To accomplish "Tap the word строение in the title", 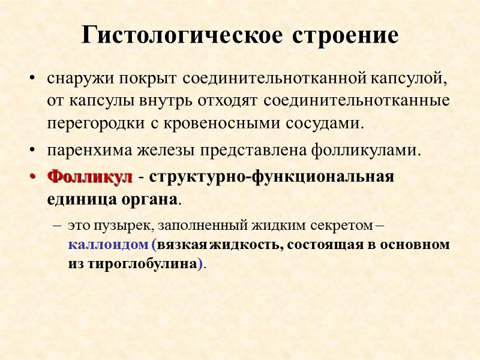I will [346, 35].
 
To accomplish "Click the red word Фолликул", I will [90, 178].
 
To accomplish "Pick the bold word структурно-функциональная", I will [272, 178].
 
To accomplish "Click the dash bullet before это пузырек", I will [56, 226].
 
